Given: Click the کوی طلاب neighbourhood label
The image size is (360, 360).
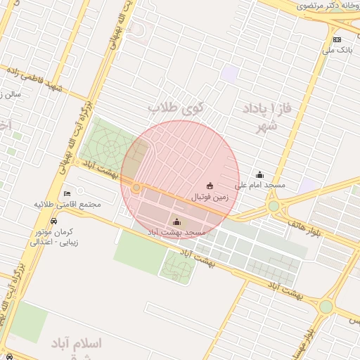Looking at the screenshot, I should point(174,108).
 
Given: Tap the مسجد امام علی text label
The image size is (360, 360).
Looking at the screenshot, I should point(260,185).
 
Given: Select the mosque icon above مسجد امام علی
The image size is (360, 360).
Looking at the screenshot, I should point(260,174).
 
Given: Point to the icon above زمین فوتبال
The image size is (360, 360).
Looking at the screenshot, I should point(210,186).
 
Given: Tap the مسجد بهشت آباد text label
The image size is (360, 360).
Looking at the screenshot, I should point(176,232).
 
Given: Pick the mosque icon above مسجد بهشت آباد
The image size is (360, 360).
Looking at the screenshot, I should point(176,222).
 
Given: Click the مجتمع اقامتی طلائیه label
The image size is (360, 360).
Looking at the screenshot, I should point(68,204).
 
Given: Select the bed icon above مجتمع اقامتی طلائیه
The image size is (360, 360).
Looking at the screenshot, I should point(67,193).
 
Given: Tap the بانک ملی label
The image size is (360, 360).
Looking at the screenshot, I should point(337,50).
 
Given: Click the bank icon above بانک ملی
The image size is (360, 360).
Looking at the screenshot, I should point(337,39).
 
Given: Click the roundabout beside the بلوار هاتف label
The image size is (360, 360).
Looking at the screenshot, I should point(274,207).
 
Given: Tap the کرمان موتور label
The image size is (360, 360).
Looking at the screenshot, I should point(57,231).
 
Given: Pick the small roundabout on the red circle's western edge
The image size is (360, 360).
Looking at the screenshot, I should point(136,188).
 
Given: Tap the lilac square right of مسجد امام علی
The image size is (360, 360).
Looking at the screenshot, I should point(307,186).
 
